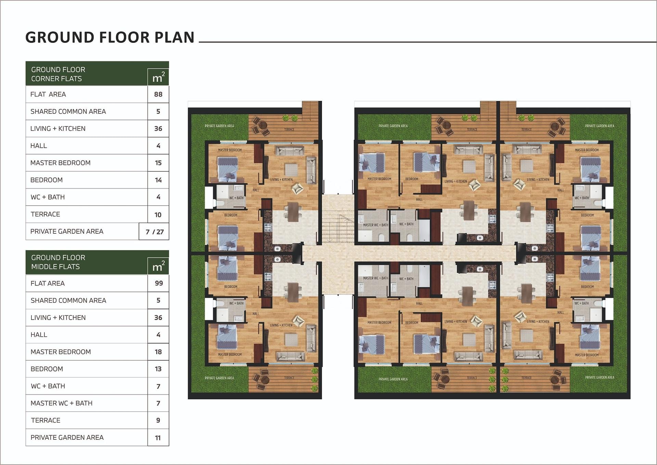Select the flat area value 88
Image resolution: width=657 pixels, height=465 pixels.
pos(158,94)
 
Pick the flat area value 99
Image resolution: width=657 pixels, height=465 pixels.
pos(158,283)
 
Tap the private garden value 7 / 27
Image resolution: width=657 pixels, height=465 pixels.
pos(155,232)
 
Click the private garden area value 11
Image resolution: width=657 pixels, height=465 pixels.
pos(158,438)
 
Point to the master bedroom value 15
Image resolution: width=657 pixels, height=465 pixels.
pos(158,163)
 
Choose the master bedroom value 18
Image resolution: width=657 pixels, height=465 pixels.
pos(158,352)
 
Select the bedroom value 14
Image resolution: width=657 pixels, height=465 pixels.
pos(158,180)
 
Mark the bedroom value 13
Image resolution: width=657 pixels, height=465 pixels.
pos(158,369)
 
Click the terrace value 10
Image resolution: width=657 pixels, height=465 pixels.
pos(158,215)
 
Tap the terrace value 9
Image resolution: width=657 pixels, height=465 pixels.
pos(158,420)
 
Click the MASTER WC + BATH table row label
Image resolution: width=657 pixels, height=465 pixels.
pos(62,403)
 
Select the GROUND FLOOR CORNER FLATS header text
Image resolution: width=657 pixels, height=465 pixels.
pos(58,74)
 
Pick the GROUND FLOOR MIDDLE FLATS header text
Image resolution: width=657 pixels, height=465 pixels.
pos(58,262)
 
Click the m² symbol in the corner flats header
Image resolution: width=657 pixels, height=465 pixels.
pos(158,78)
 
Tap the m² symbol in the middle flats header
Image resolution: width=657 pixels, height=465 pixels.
pos(158,266)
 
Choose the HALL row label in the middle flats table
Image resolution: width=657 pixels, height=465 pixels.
pos(39,335)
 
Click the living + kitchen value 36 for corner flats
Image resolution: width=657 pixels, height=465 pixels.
pos(158,129)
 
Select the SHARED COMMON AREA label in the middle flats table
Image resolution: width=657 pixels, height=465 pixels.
pos(68,300)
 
